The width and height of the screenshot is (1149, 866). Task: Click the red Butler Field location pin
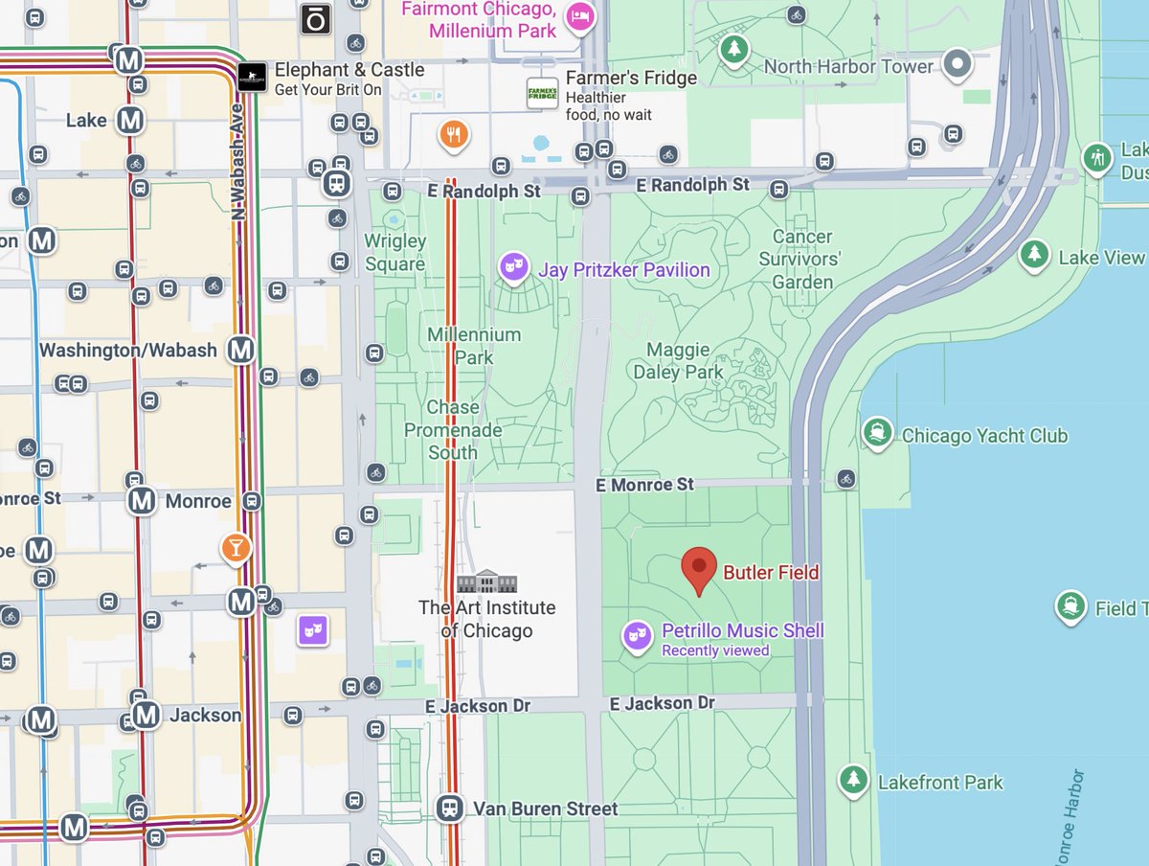[x=699, y=568]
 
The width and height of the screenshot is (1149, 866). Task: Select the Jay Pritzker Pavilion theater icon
[x=514, y=267]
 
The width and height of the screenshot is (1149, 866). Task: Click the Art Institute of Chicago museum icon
[x=486, y=581]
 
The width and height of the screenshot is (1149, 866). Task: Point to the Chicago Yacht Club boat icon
[x=876, y=433]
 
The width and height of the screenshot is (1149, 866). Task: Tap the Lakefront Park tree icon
[x=852, y=779]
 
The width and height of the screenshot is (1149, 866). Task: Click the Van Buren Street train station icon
[x=449, y=809]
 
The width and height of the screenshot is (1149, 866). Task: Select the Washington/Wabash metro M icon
[x=240, y=350]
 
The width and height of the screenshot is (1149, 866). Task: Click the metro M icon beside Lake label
[x=130, y=121]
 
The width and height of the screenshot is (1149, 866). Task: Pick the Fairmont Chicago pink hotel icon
[x=579, y=15]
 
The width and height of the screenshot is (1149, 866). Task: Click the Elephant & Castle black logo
[x=252, y=77]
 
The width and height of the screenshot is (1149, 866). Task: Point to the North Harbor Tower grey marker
[x=957, y=65]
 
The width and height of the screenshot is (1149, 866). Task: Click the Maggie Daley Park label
[x=678, y=360]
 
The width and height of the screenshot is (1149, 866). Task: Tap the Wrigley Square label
[x=394, y=252]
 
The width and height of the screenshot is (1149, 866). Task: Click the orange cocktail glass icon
[x=235, y=547]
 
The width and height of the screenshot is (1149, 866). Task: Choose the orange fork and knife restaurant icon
[x=454, y=135]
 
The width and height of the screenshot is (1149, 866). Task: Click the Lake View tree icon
[x=1033, y=255]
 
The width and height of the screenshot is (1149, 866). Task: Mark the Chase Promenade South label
[x=453, y=429]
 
